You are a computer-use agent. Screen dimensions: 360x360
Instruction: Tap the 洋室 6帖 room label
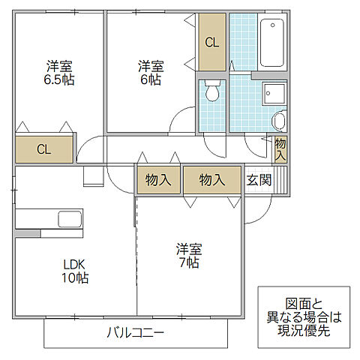pyautogui.click(x=149, y=72)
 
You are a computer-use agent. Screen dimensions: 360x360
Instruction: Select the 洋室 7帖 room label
pyautogui.click(x=188, y=256)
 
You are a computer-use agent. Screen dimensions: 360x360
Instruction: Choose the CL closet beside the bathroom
pyautogui.click(x=212, y=43)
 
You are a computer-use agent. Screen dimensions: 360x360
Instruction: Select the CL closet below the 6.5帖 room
pyautogui.click(x=44, y=149)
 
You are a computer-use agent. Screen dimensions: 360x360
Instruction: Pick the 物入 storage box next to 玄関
pyautogui.click(x=212, y=180)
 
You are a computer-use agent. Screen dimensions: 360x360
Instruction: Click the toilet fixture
pyautogui.click(x=213, y=91)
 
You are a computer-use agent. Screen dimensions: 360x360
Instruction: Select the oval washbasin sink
pyautogui.click(x=279, y=121)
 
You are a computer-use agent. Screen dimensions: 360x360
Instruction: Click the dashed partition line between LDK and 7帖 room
pyautogui.click(x=136, y=255)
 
